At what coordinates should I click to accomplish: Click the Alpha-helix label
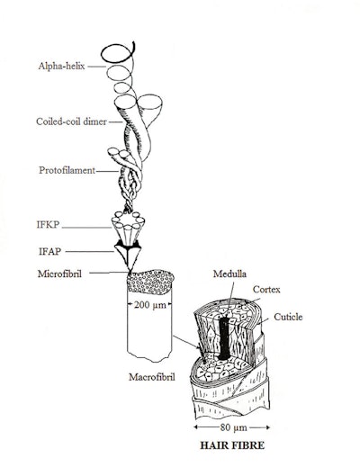(61, 66)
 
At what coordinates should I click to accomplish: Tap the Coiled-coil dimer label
(71, 121)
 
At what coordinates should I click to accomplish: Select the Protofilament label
(67, 170)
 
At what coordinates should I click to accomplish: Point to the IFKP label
(48, 225)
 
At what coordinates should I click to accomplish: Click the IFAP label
(49, 251)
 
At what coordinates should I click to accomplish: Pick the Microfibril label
(59, 274)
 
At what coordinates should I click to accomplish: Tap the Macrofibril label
(152, 377)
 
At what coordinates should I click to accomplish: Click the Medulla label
(229, 274)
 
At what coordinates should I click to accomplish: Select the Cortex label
(266, 290)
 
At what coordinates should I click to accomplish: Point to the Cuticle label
(288, 317)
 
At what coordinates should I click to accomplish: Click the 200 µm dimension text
(150, 304)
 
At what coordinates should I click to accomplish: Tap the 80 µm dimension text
(234, 427)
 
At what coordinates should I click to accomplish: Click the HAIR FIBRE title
(232, 445)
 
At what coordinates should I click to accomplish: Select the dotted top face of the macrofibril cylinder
(150, 282)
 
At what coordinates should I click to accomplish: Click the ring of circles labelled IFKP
(129, 220)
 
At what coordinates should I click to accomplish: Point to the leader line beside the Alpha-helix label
(96, 67)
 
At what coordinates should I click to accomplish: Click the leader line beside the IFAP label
(90, 251)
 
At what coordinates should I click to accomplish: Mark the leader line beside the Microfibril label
(109, 273)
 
